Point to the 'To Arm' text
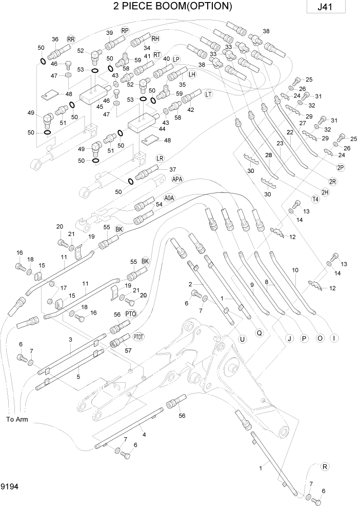[x=16, y=419]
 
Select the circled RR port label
[x=71, y=40]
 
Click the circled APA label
[x=177, y=179]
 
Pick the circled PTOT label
[x=139, y=337]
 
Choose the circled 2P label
[x=341, y=168]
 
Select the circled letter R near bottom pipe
[x=324, y=466]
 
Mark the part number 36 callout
[x=55, y=40]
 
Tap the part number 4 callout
[x=144, y=435]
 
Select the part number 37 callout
[x=172, y=169]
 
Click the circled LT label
[x=208, y=94]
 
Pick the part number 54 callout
[x=159, y=204]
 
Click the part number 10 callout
[x=295, y=270]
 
